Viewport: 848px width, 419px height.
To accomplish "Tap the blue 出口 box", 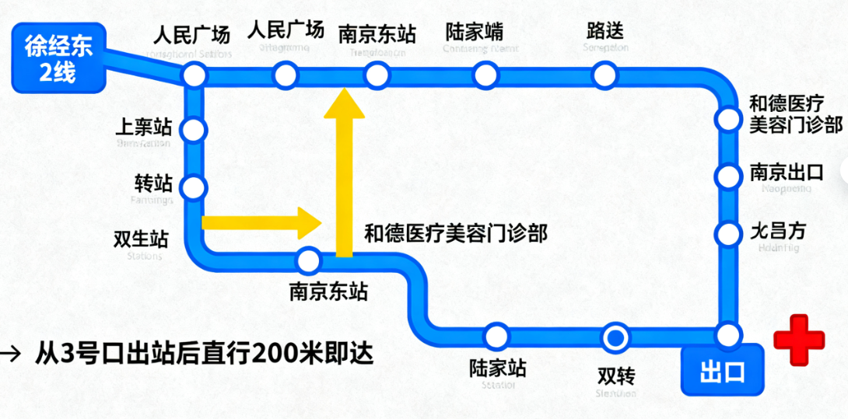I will (722, 371).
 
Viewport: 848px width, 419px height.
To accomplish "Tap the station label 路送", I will (605, 32).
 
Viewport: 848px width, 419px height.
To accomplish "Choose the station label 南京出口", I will (787, 172).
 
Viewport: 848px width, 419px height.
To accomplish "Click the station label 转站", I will (153, 183).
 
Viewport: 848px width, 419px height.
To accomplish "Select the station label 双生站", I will (141, 237).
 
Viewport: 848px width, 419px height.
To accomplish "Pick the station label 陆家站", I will (498, 367).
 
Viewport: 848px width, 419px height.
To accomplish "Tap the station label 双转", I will (616, 375).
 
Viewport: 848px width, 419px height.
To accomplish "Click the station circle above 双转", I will (615, 337).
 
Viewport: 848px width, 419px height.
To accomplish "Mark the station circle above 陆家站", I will (496, 337).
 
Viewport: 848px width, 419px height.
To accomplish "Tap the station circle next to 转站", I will (193, 187).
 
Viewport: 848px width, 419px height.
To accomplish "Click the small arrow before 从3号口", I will (12, 354).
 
